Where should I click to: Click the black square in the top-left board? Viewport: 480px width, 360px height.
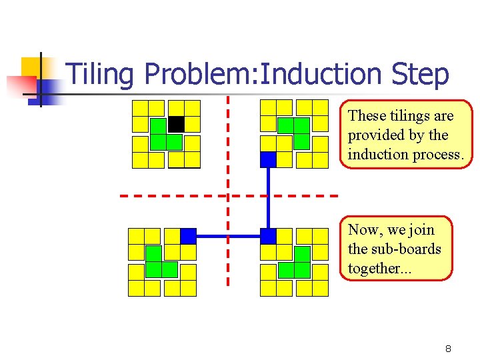[x=176, y=124]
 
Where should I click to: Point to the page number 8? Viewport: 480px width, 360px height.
[x=449, y=349]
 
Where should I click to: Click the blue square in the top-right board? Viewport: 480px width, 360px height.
[x=268, y=159]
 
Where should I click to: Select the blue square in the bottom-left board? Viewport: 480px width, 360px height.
[x=188, y=236]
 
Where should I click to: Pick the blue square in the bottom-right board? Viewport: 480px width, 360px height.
[x=268, y=236]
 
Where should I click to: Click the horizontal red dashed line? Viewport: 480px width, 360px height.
[x=173, y=196]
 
